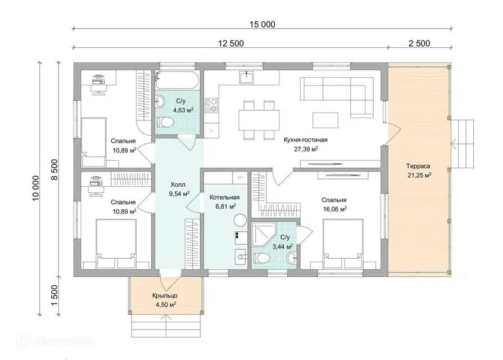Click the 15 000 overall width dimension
click(262, 24)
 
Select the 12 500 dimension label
click(231, 43)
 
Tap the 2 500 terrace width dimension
click(419, 43)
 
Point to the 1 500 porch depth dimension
click(55, 296)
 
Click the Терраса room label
click(418, 166)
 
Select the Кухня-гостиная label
click(305, 139)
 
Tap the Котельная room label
click(225, 197)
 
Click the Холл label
click(178, 184)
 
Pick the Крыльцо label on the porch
click(165, 295)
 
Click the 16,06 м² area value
click(334, 209)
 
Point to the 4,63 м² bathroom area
click(183, 110)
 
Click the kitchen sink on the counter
click(246, 78)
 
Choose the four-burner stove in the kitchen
click(211, 106)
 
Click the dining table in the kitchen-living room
click(259, 120)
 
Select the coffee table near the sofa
click(325, 120)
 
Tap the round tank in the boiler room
click(239, 221)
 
